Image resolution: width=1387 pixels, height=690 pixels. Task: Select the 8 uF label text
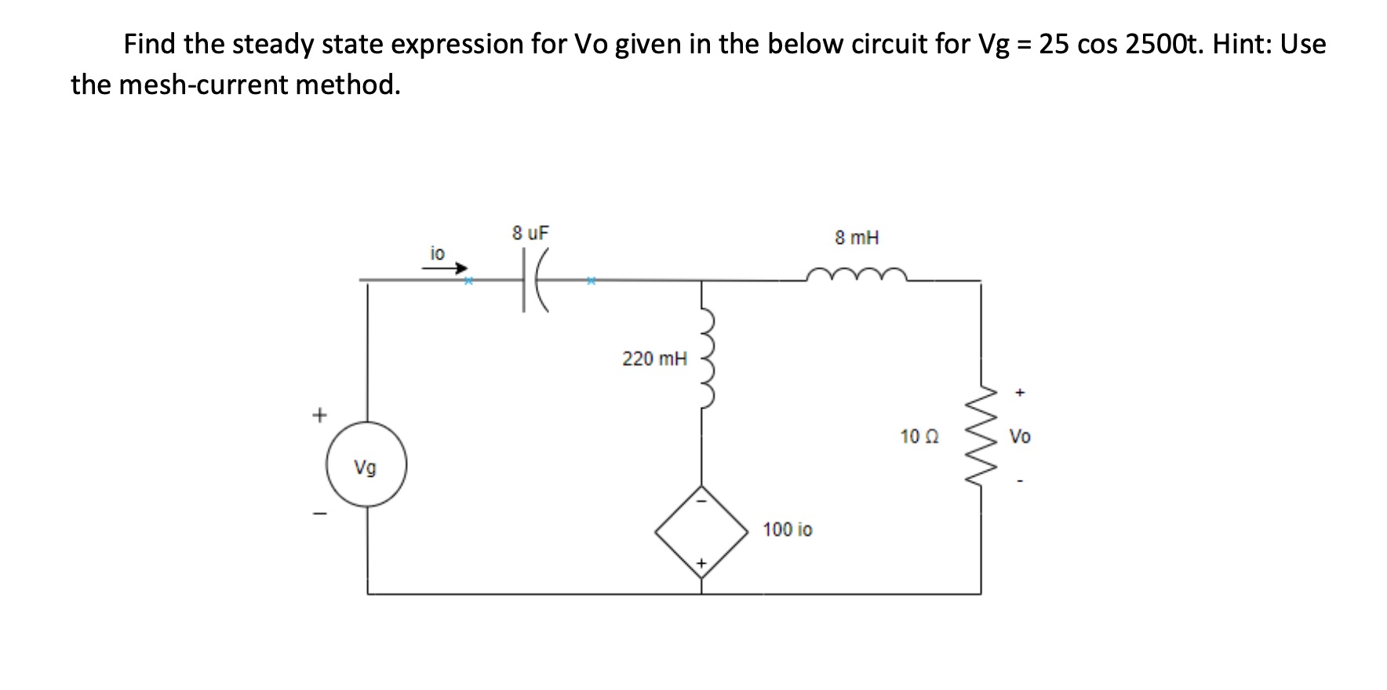(530, 233)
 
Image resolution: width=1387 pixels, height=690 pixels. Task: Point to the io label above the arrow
(437, 252)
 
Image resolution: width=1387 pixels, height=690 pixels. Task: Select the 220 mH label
(654, 359)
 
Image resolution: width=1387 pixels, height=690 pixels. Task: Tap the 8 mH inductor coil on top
(857, 274)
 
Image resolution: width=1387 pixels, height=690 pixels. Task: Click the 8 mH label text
(857, 238)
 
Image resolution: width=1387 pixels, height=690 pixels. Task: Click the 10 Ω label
(919, 437)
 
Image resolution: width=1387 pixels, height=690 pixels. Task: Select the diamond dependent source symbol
(701, 532)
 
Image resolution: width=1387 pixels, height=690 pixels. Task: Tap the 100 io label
(788, 530)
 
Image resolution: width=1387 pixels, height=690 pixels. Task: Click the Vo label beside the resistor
(1020, 437)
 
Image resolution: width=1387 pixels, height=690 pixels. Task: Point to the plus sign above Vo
(1019, 392)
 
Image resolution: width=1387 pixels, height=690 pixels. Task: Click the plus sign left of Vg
(319, 415)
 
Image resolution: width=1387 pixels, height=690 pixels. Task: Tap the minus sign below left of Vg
(319, 514)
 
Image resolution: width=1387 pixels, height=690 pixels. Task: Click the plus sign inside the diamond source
(702, 563)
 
